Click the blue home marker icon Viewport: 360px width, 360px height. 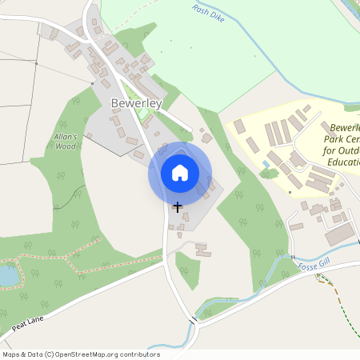[x=180, y=172]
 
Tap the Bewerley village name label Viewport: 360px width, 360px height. [x=136, y=104]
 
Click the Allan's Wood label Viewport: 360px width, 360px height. [x=65, y=142]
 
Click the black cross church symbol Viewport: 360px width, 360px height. [x=177, y=206]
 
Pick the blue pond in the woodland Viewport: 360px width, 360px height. [x=6, y=275]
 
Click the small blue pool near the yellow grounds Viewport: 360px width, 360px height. [x=266, y=164]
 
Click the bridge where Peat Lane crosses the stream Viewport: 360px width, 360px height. [x=192, y=321]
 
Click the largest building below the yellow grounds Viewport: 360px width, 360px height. [x=339, y=234]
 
